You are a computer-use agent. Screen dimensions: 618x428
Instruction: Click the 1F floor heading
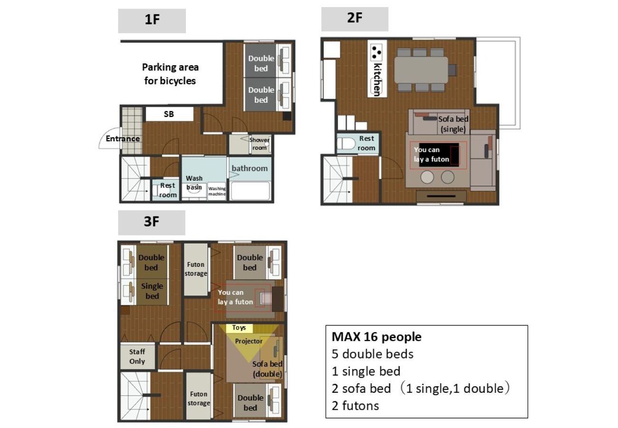152,19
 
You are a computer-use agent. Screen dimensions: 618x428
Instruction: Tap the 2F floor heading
355,18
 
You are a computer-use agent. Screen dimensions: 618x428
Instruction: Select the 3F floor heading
152,222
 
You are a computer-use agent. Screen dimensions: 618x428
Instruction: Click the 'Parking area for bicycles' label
170,74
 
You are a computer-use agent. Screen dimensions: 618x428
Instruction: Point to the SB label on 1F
169,114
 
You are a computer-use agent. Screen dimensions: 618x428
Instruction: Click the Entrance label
123,138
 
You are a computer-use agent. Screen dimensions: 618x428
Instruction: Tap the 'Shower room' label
260,144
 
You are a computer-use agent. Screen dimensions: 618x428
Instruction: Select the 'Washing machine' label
217,191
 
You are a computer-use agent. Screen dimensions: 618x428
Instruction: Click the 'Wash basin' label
194,183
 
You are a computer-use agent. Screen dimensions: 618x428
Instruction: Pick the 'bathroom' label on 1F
250,168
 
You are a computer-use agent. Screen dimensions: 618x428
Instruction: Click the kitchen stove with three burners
377,52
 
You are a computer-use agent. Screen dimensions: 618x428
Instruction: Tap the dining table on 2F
421,70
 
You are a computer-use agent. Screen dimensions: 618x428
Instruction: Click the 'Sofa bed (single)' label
454,124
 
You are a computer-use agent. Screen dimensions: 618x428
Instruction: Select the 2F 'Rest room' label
367,143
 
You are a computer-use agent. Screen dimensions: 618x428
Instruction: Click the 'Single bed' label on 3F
152,291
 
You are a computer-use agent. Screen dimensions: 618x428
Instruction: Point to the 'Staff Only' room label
137,357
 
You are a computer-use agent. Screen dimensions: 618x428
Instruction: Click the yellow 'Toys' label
239,328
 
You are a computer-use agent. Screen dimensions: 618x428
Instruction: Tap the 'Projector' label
249,341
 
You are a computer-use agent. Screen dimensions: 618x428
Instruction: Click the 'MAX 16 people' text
377,337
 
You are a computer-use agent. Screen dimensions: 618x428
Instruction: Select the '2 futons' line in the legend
356,406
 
